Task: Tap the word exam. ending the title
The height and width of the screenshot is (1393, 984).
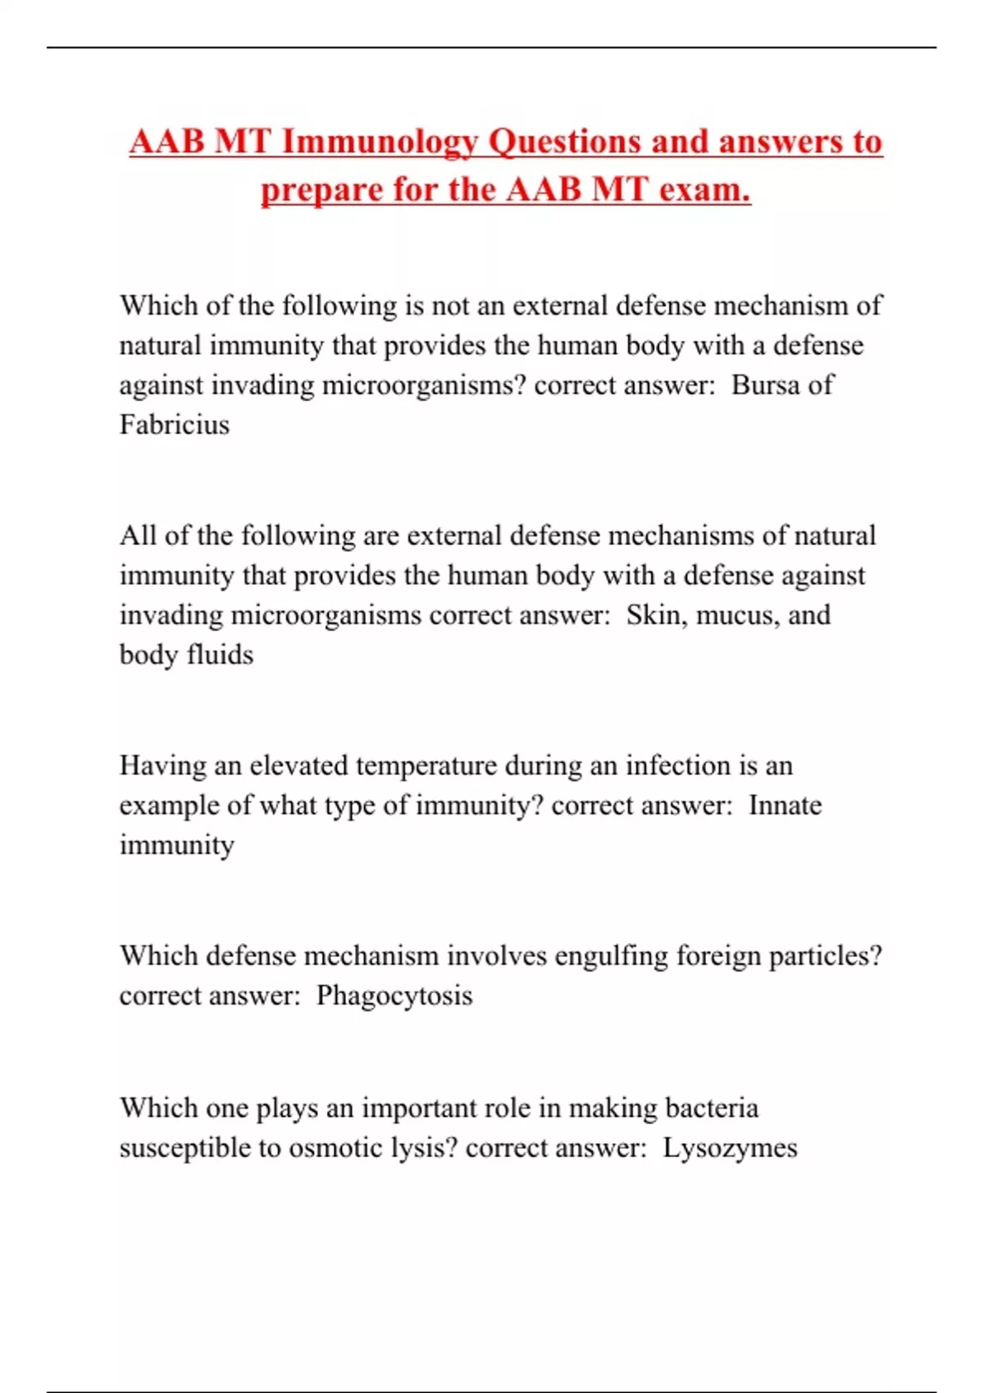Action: point(705,190)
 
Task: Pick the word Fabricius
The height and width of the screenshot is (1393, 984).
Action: point(174,424)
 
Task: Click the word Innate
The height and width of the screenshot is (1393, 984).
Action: point(785,805)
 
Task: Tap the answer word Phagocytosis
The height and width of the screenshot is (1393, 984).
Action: point(394,996)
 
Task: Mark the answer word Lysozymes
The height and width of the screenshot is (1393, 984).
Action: point(730,1147)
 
